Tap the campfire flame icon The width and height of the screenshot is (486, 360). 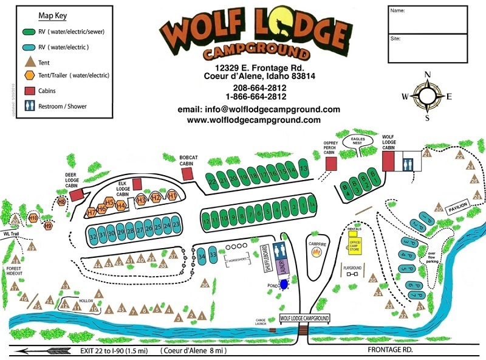tap(315, 249)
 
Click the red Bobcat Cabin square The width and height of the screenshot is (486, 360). tap(188, 174)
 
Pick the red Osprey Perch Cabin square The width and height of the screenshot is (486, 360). tap(331, 164)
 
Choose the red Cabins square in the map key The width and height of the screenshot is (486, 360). tap(29, 91)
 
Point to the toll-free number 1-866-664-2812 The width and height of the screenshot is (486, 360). tap(256, 96)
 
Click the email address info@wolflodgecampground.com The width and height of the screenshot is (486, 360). tap(258, 109)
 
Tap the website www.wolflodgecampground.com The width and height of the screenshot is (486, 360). tap(254, 120)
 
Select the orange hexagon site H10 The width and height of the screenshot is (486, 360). tap(33, 217)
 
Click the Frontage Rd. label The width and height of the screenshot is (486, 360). tap(389, 350)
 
